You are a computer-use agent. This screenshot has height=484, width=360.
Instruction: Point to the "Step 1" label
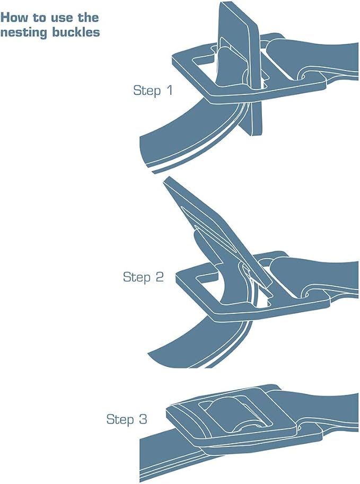click(x=153, y=91)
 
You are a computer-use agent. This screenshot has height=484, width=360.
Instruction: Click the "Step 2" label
click(x=143, y=277)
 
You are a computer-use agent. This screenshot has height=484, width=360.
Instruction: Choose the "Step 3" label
click(x=127, y=419)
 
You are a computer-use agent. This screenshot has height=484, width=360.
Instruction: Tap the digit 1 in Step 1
click(x=169, y=90)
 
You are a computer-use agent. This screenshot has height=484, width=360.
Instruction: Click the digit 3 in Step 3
click(x=143, y=419)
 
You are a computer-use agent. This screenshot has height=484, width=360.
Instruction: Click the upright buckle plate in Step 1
click(x=241, y=46)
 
